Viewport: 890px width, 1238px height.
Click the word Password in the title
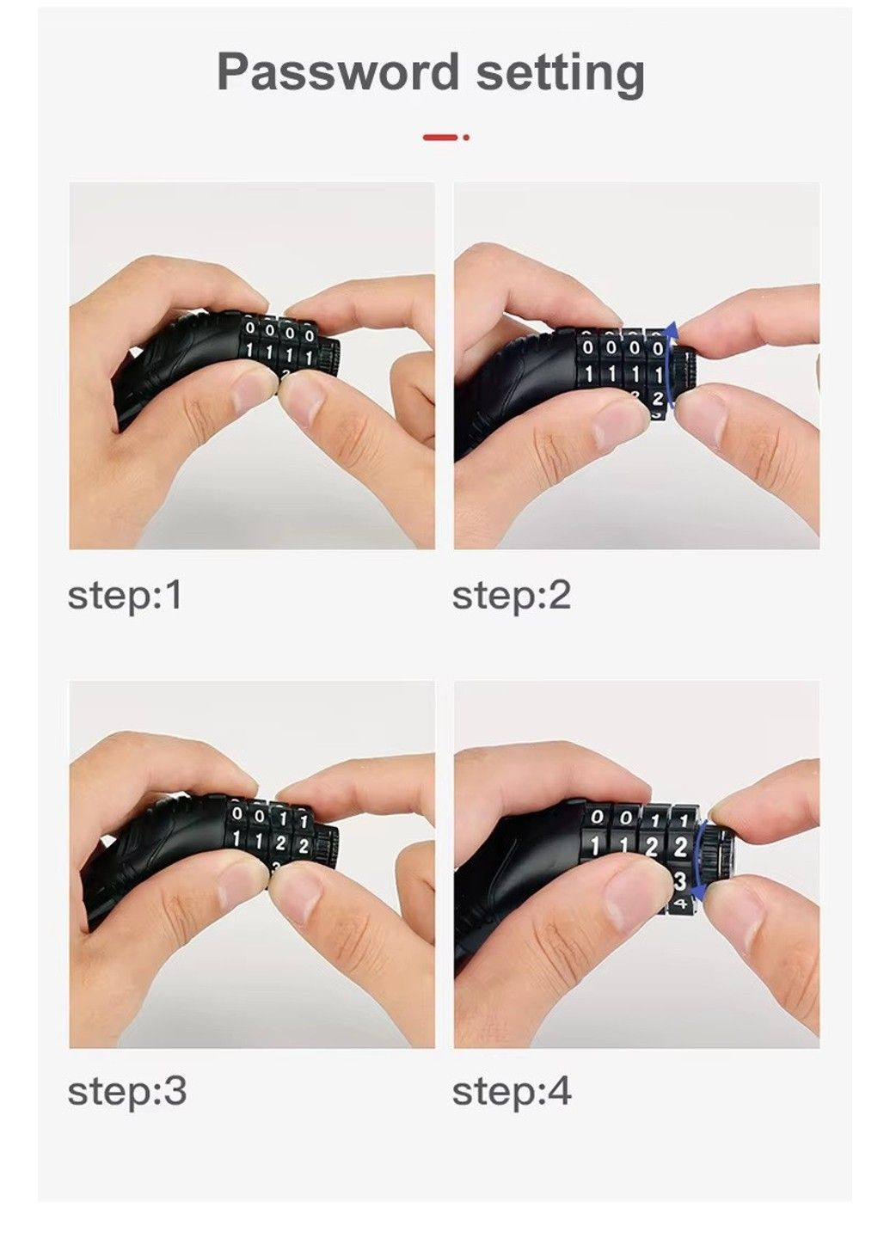338,72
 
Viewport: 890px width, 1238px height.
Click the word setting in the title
560,75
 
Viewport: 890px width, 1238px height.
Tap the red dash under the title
440,137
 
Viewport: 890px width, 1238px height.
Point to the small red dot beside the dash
466,137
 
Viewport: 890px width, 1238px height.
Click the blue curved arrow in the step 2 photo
668,365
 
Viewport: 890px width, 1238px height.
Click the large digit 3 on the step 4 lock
680,881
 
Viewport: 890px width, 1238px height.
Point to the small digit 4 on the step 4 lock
681,904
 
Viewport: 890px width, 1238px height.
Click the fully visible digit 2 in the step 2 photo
657,398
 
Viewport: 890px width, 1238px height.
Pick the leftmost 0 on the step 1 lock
250,328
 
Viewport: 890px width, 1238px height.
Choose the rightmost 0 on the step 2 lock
657,348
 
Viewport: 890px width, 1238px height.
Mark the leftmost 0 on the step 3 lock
237,813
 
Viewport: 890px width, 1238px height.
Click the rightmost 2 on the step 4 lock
680,847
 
